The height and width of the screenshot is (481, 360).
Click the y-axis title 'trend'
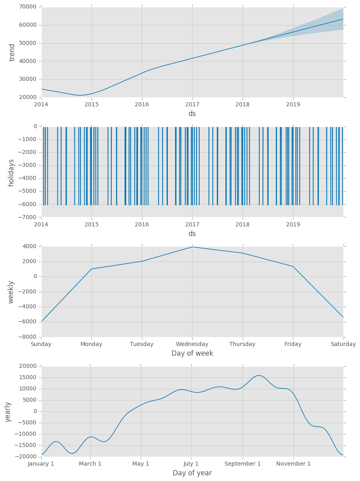coord(12,52)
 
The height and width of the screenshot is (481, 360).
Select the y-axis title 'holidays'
coord(11,172)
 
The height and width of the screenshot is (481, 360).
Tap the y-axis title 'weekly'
coord(11,292)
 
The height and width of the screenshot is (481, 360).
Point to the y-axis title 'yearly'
coord(8,411)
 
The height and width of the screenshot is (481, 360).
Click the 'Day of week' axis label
coord(192,353)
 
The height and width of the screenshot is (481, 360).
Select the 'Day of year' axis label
coord(192,473)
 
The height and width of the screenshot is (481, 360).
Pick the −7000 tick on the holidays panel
coord(26,217)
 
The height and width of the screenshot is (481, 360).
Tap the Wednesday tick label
coord(192,344)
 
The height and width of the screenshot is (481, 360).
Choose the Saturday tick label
coord(343,344)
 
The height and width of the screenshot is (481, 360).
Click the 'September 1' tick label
coord(243,464)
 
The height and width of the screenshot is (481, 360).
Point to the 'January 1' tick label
coord(41,464)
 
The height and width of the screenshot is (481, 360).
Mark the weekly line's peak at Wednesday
coord(192,247)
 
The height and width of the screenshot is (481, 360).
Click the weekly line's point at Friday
coord(293,266)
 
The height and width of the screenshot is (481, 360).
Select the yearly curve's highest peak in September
coord(259,376)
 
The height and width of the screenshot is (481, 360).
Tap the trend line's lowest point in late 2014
coord(80,95)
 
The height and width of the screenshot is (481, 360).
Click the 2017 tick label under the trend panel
coord(192,105)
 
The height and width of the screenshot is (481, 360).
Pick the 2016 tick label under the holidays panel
coord(142,224)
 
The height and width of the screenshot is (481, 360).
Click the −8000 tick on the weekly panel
coord(26,337)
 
